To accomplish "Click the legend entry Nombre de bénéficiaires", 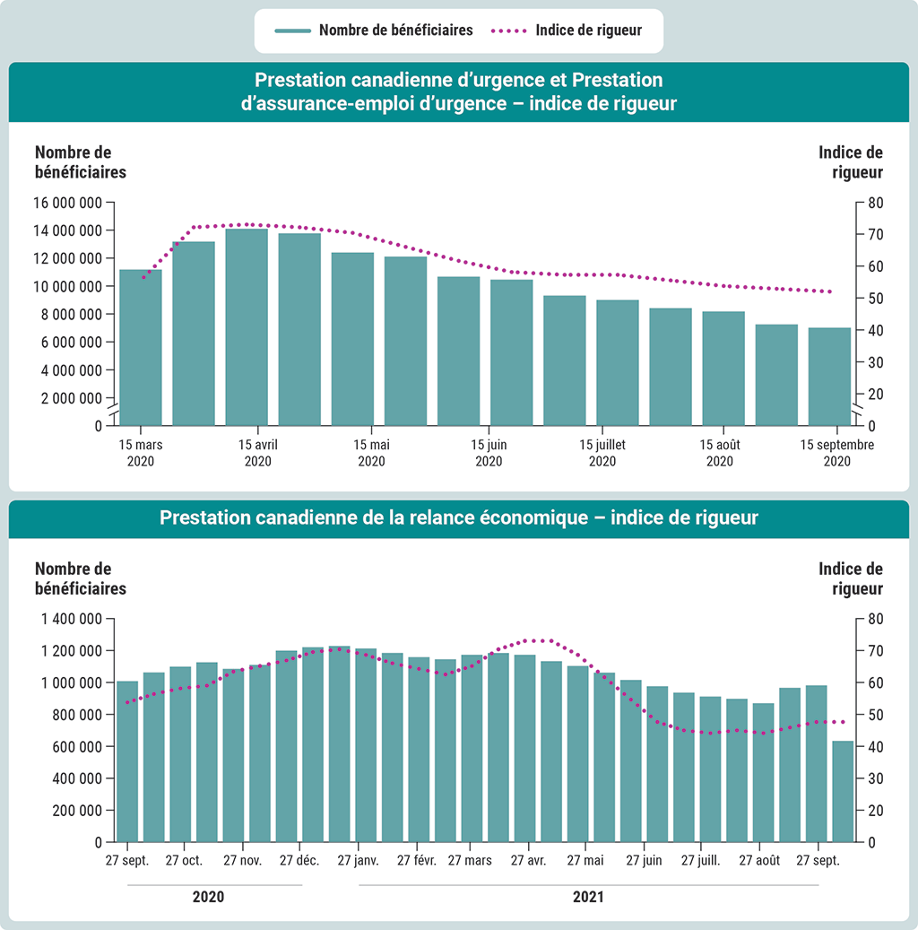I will point(395,30).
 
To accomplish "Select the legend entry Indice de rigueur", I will point(588,30).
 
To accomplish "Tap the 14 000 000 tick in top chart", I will point(68,230).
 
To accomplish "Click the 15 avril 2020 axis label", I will point(257,453).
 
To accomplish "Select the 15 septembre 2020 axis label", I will point(836,453).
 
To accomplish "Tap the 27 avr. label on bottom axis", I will point(529,861).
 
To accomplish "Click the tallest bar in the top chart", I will point(247,326).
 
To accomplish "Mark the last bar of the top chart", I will point(829,376).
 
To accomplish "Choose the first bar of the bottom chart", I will point(127,761).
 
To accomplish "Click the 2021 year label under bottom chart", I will point(588,897).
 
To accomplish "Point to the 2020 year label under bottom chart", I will point(208,897).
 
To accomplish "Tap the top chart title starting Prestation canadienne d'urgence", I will point(459,92).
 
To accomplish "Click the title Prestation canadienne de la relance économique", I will point(459,518).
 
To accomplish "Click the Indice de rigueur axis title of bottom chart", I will point(851,579).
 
